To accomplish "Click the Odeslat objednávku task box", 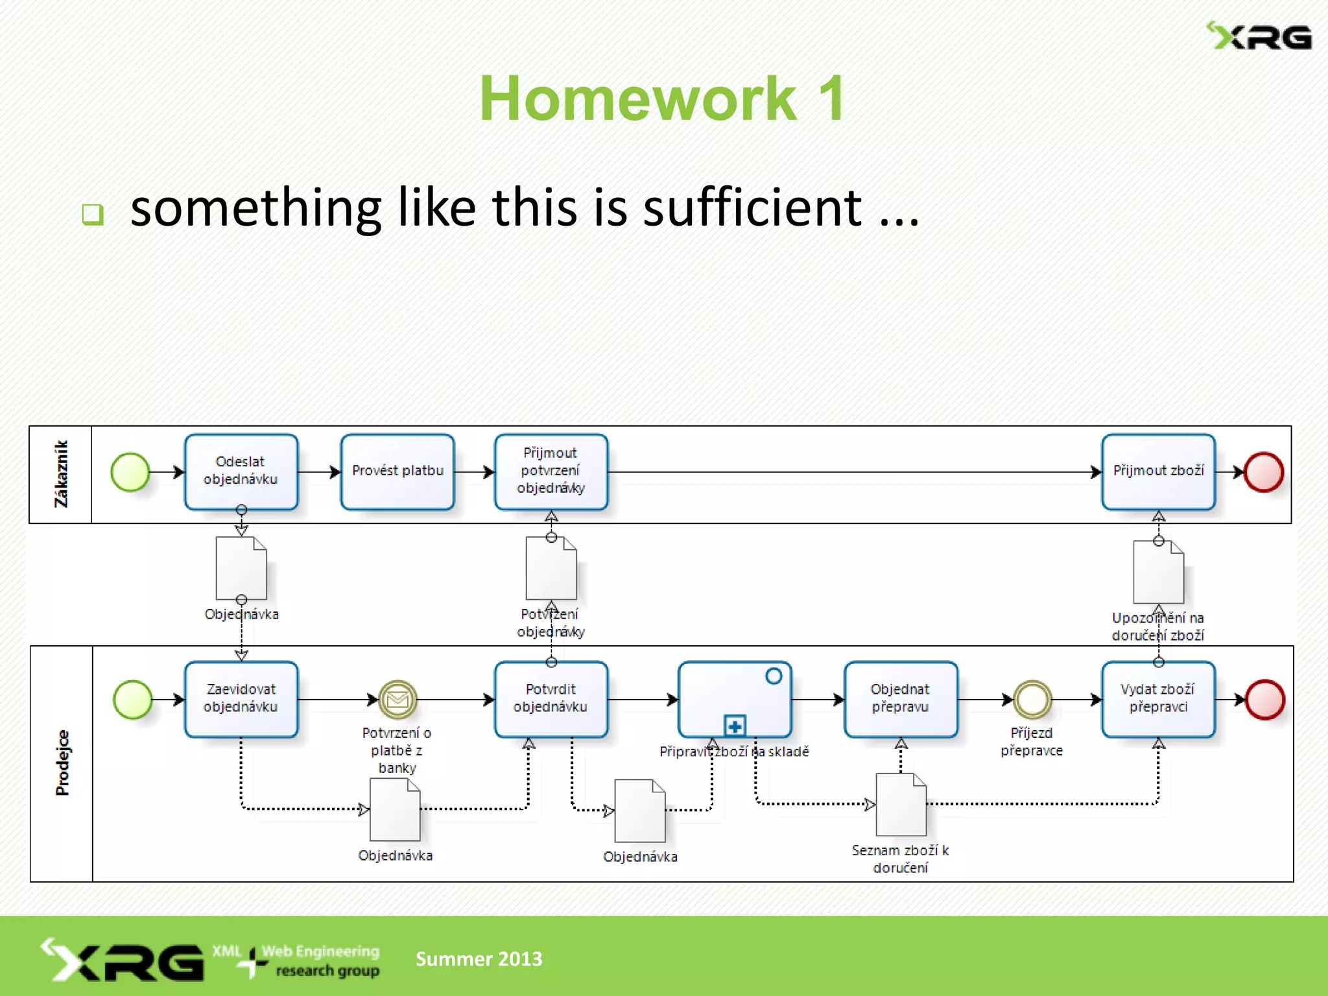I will (x=241, y=471).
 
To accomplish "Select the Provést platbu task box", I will (x=397, y=471).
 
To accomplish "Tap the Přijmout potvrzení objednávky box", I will (x=551, y=471).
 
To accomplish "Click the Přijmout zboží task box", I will (x=1158, y=471).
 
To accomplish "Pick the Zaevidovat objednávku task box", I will (x=241, y=699).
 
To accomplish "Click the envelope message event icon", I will (x=397, y=699).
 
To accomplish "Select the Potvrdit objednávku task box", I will (x=551, y=699).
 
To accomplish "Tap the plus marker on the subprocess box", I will (x=735, y=726).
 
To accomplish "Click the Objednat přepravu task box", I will (x=900, y=699).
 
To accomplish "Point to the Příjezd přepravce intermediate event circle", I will (x=1032, y=699).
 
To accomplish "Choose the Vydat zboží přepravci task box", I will (x=1158, y=699).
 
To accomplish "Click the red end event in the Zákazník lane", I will (x=1263, y=472).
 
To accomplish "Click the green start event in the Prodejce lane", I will (x=133, y=700).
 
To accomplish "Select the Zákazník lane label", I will (x=61, y=474).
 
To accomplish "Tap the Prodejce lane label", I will (x=62, y=763).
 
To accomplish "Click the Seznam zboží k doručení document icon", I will (x=901, y=805).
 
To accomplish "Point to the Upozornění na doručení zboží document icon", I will (x=1158, y=573).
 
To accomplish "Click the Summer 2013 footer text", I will (x=479, y=958).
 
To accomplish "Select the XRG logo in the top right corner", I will (x=1259, y=36).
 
